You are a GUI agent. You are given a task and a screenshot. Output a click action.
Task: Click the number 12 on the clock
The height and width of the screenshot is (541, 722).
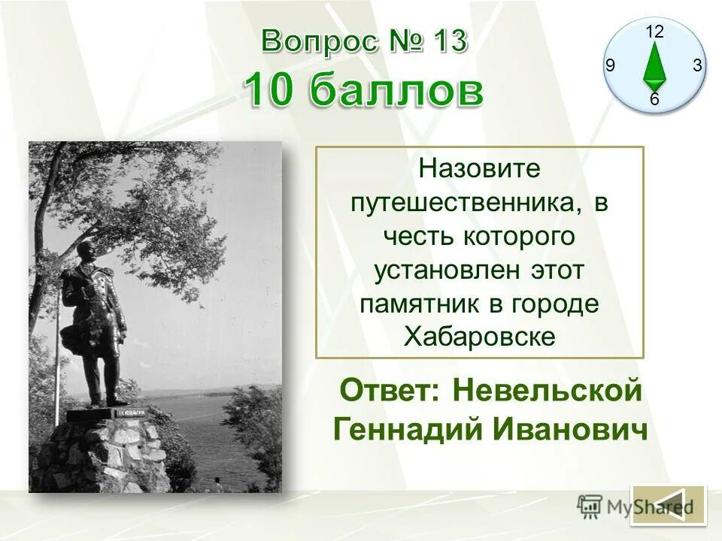click(654, 32)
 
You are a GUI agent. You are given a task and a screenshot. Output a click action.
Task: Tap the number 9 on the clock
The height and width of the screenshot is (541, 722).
click(610, 66)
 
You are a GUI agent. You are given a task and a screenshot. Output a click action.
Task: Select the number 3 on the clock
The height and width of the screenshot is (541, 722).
click(697, 66)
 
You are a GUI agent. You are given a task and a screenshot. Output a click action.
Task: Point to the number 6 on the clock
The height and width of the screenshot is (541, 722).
click(654, 99)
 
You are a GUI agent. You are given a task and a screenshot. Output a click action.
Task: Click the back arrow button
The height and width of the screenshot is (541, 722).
click(669, 505)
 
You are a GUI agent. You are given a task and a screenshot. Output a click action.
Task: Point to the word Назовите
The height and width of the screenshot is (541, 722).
click(479, 168)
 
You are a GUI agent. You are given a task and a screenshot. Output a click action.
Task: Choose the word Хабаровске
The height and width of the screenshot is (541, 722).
click(479, 337)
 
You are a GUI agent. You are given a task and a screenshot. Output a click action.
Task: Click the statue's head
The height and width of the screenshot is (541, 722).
click(85, 252)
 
